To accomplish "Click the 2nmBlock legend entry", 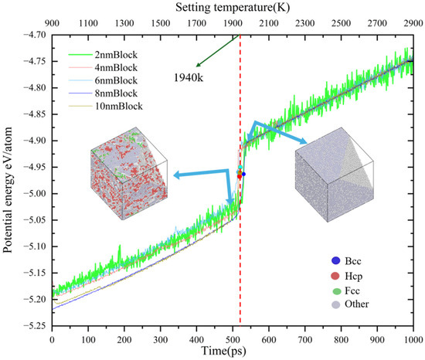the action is (103, 55).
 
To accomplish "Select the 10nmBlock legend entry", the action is (106, 106).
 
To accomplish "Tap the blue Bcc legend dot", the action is (335, 261).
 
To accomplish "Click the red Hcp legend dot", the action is (335, 276).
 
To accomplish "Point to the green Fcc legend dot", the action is (336, 291).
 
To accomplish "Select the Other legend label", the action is (357, 304).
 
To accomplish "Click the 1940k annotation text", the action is (189, 78).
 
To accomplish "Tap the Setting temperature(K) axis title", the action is (233, 7).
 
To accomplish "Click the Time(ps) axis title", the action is (224, 351).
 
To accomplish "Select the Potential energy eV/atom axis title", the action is (8, 189).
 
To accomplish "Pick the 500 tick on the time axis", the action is (233, 340).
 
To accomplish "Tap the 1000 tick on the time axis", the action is (413, 340).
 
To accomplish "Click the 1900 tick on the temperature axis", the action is (233, 24).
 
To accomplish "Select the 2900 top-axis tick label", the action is (413, 24).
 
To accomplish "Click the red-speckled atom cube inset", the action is (129, 173).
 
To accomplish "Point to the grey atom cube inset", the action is (335, 175).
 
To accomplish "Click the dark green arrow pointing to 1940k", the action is (218, 51).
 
